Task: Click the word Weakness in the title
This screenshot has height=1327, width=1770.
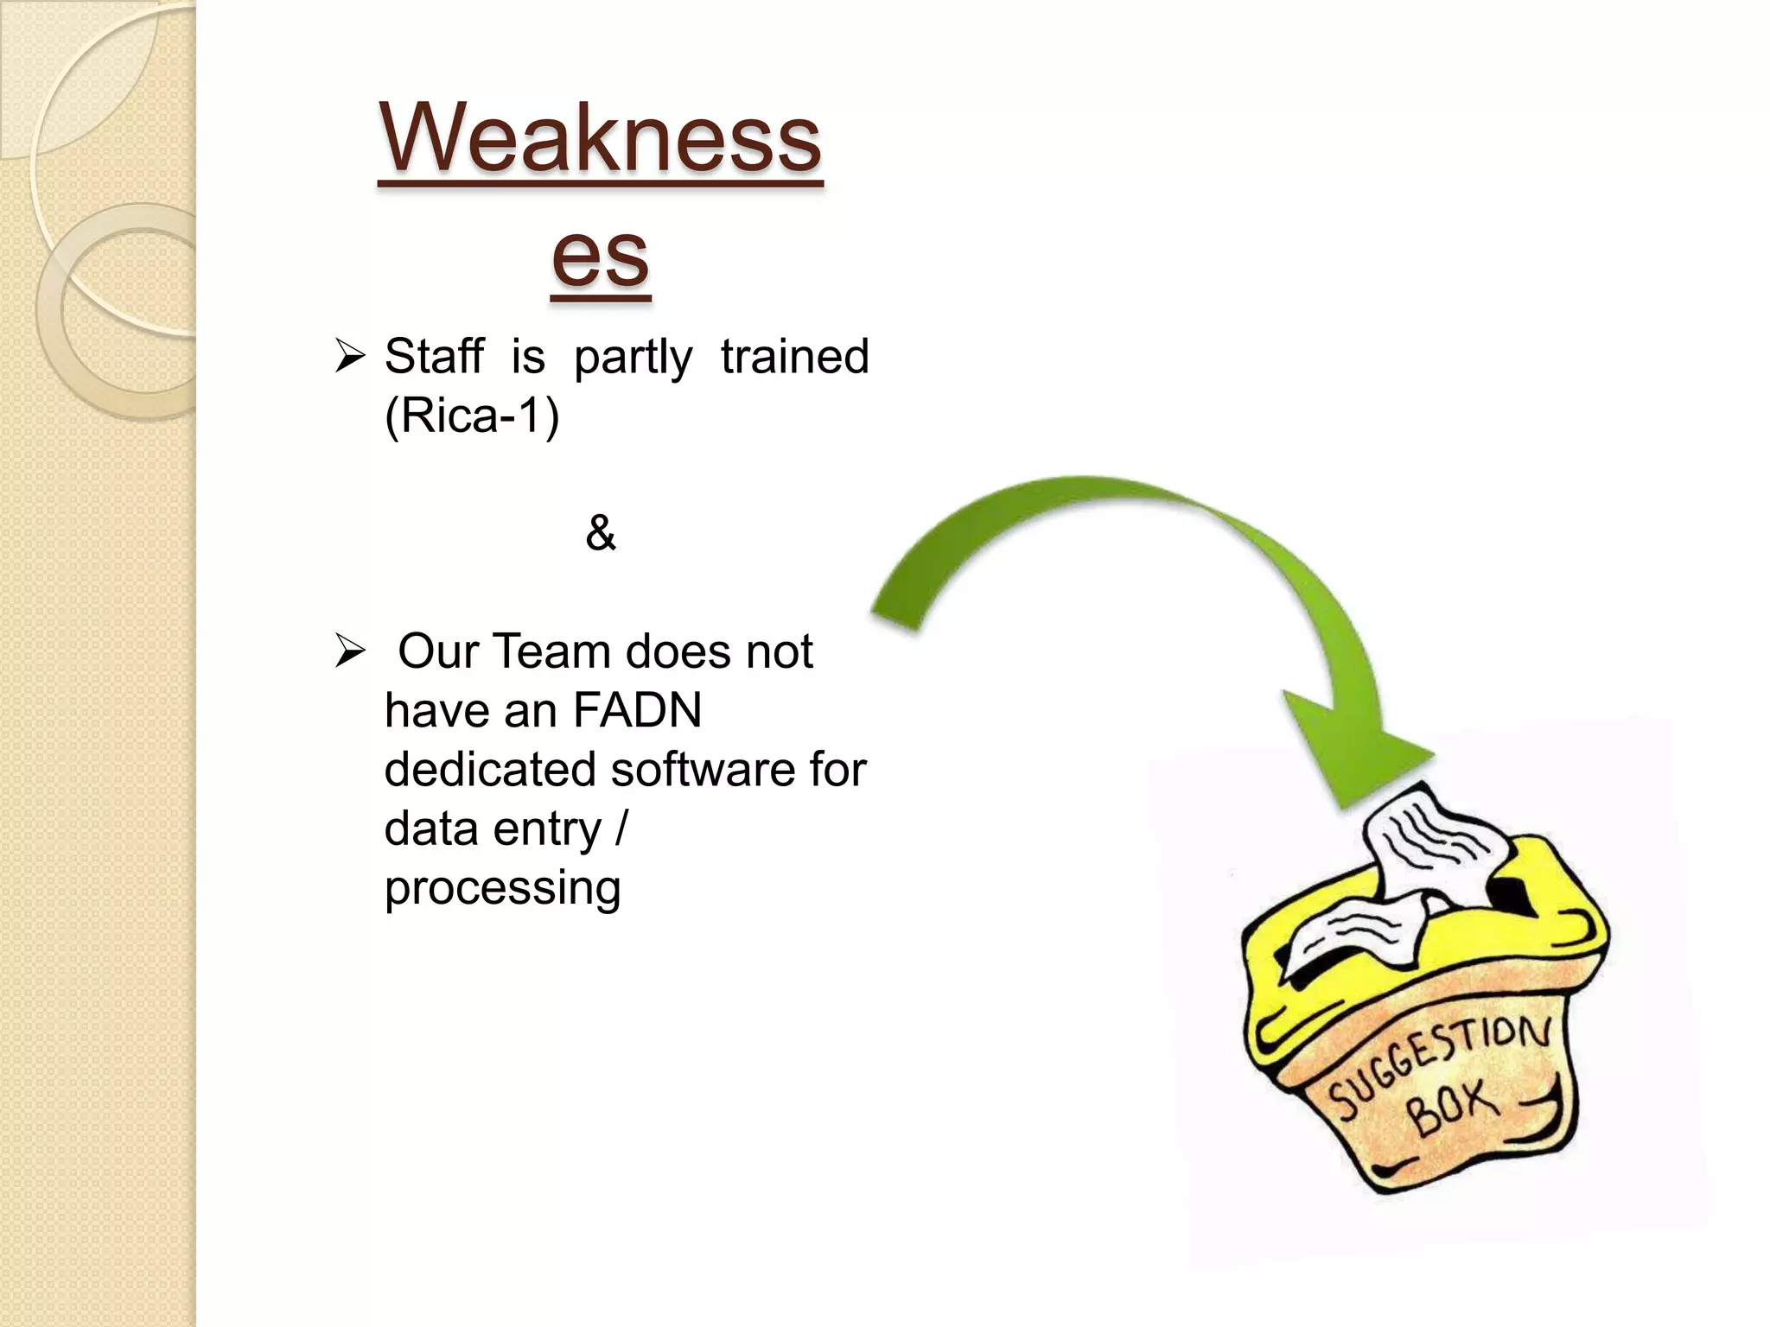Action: (x=600, y=138)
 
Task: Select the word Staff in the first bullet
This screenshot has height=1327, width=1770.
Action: (x=434, y=356)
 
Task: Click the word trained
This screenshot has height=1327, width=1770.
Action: (x=794, y=356)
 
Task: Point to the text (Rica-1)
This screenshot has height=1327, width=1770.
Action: (x=472, y=416)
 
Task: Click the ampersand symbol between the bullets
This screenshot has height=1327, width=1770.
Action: (x=600, y=532)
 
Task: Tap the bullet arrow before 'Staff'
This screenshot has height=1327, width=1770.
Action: (x=350, y=356)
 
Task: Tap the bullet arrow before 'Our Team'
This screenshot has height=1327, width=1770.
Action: (x=350, y=651)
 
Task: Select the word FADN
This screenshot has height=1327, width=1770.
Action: (x=637, y=711)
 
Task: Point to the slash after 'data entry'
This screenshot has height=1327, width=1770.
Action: (x=621, y=829)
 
